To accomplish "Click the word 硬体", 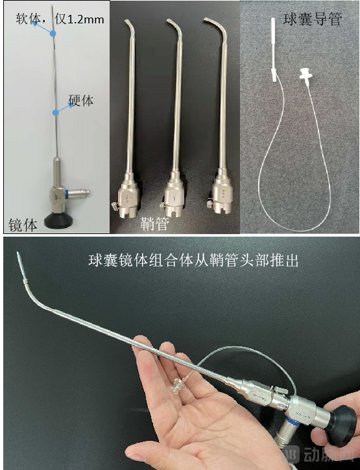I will tap(82, 100).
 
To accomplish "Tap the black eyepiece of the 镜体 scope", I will tap(56, 220).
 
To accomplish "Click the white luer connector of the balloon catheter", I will tap(303, 75).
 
